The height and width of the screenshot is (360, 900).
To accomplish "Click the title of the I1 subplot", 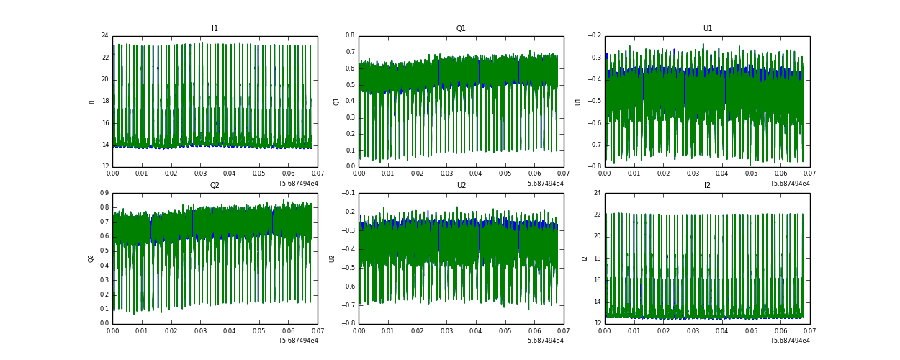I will (x=215, y=29).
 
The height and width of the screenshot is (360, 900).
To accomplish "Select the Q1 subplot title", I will (x=461, y=29).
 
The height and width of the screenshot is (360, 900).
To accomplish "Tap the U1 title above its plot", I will (x=707, y=29).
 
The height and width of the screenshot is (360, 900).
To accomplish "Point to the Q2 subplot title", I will (x=215, y=186).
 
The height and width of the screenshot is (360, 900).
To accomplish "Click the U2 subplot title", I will (x=461, y=186).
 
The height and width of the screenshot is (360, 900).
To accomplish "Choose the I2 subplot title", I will (x=707, y=186).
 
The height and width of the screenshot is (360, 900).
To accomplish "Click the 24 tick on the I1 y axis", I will (x=104, y=36).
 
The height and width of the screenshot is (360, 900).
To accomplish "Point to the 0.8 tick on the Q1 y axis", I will (x=348, y=36).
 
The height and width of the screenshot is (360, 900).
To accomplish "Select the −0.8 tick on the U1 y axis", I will (x=593, y=166).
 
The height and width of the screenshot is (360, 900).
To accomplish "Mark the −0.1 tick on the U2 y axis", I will (x=347, y=193).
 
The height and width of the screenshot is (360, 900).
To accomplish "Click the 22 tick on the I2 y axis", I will (x=597, y=215).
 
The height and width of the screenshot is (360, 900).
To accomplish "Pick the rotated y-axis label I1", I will (x=92, y=102).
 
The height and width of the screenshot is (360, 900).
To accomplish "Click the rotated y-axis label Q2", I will (x=91, y=258).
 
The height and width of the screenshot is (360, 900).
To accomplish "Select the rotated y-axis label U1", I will (x=578, y=102).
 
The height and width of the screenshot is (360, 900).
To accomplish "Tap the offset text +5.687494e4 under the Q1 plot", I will (x=543, y=184).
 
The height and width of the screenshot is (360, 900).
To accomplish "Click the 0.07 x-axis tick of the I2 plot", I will (x=809, y=330).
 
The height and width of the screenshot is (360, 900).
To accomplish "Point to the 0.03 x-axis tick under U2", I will (x=446, y=330).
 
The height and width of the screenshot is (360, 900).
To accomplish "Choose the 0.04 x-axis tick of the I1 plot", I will (x=230, y=174).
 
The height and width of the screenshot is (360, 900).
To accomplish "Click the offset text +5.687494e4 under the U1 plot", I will (x=789, y=184).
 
